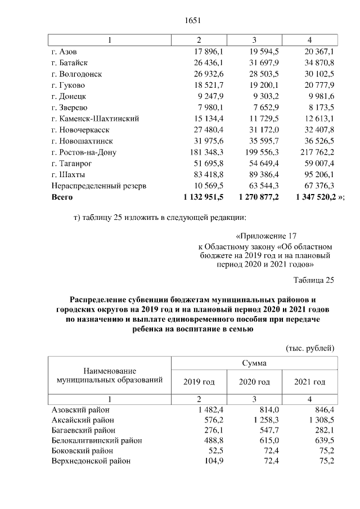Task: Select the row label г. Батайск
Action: [x=69, y=62]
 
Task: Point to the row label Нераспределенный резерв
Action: [x=98, y=186]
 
